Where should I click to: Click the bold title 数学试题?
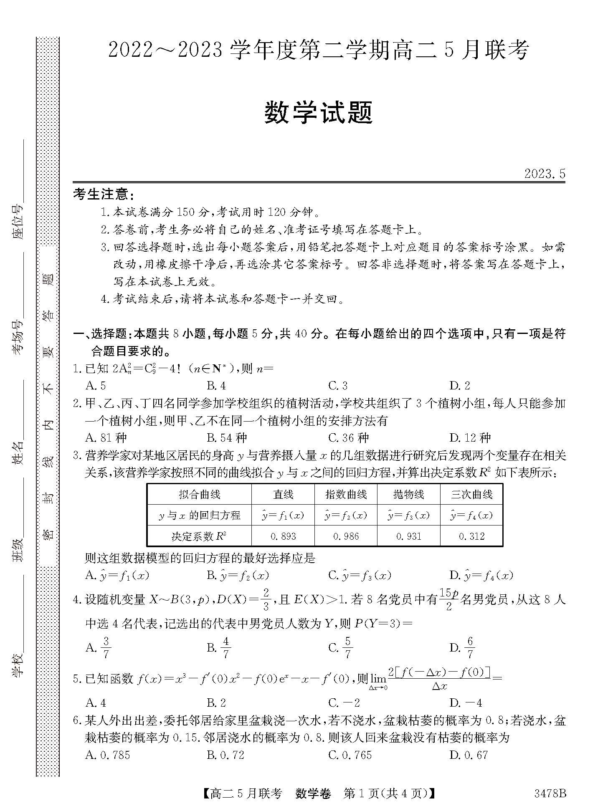point(318,113)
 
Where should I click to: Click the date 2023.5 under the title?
point(545,174)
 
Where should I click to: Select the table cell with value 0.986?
point(346,536)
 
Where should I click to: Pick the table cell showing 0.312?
point(471,536)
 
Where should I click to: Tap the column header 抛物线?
point(408,495)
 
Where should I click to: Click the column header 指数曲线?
point(346,495)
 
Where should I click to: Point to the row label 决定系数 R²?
point(199,536)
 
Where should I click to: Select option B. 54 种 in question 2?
point(227,438)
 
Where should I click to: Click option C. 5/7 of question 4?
point(340,647)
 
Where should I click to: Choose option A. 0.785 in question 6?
point(107,755)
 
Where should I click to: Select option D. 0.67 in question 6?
point(469,755)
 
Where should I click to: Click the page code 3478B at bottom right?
point(550,793)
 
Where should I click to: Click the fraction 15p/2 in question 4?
point(449,599)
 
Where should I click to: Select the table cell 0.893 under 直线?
point(283,536)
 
